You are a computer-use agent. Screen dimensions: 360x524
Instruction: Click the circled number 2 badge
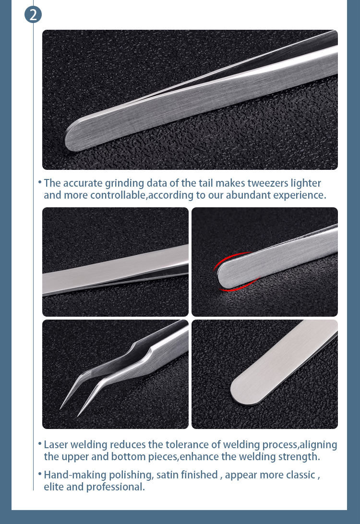[33, 15]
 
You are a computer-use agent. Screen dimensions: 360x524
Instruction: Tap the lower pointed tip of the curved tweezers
[78, 416]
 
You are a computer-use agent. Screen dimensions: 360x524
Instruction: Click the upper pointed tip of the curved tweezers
[60, 409]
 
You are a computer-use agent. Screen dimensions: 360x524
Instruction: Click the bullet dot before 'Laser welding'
[40, 444]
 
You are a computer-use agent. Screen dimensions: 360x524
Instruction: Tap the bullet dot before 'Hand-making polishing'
[40, 474]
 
